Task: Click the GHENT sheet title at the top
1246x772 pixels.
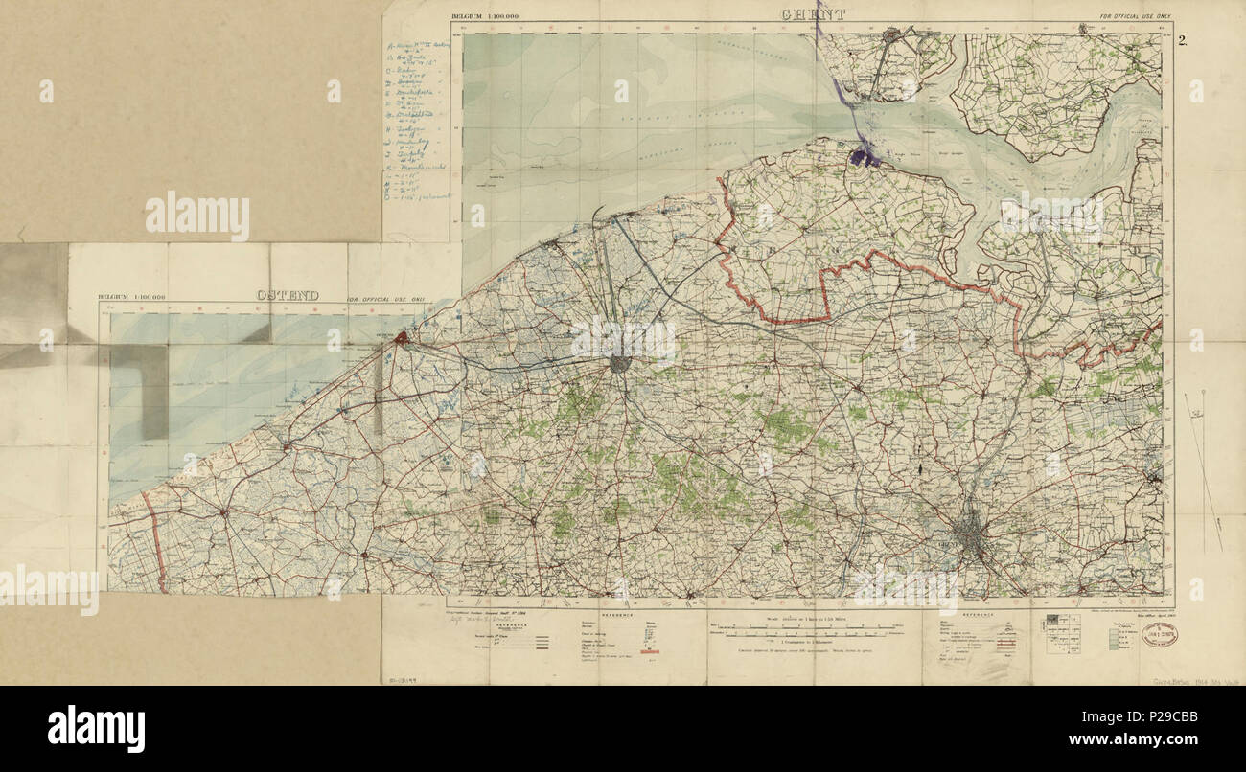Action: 813,14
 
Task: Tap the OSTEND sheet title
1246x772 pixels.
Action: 287,296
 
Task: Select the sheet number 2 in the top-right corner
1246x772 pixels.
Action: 1184,40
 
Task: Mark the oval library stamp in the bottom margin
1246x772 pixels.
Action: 1158,635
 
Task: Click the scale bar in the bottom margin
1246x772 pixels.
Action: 813,631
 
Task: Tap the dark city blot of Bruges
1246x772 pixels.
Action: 621,364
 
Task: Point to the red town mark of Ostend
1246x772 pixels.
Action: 403,337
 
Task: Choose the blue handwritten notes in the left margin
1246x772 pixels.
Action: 418,120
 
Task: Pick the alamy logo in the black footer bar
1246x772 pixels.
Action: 96,728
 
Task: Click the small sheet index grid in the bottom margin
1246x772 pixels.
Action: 1058,633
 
